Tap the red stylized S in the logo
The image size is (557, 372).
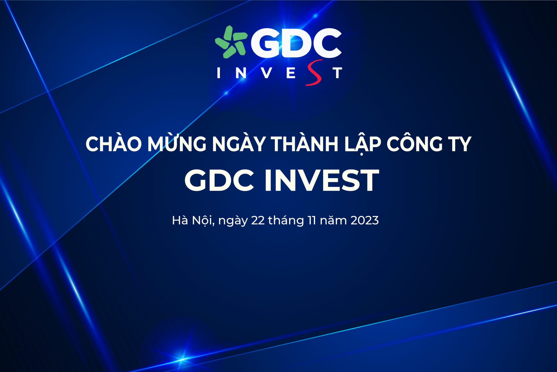coord(314,73)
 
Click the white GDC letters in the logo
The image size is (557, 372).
coord(296,43)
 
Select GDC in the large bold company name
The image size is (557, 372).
coord(219,180)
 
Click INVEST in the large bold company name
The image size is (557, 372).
coord(322,180)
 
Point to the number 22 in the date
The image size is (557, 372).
coord(258,221)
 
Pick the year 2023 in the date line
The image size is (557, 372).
coord(364,221)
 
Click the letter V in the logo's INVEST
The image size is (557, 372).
coord(267,73)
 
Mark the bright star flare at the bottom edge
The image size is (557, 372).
coord(182,359)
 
